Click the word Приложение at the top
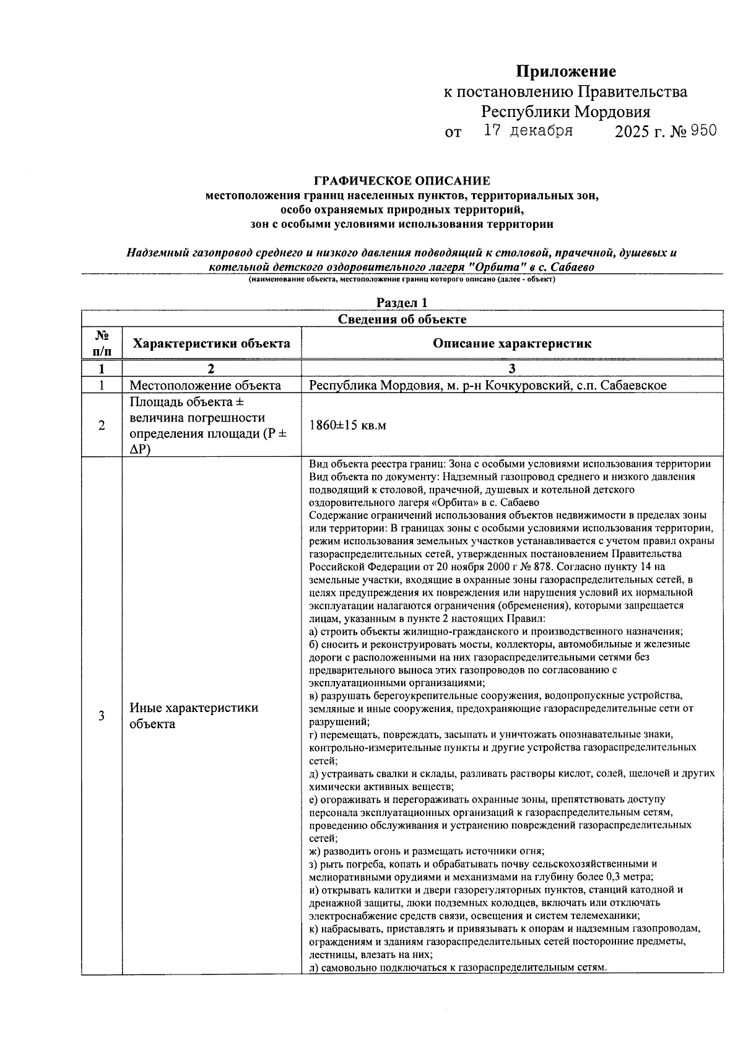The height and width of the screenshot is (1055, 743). click(x=566, y=72)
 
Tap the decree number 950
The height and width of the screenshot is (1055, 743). click(x=703, y=131)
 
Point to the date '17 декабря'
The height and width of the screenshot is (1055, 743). click(x=528, y=131)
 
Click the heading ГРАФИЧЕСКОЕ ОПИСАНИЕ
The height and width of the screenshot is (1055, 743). click(x=402, y=181)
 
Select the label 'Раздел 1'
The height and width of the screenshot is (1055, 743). click(x=402, y=303)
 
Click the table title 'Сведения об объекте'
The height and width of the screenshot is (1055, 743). click(x=402, y=319)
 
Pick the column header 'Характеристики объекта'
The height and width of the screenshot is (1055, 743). click(x=212, y=343)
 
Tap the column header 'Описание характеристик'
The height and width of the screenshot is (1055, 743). click(x=511, y=343)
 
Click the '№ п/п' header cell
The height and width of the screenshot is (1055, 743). click(x=102, y=343)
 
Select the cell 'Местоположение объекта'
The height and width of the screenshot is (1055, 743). click(x=205, y=385)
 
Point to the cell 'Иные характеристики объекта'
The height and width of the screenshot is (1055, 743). click(x=193, y=716)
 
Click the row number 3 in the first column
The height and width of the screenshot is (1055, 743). click(x=102, y=716)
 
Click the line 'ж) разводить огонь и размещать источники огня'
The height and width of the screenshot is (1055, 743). click(x=427, y=851)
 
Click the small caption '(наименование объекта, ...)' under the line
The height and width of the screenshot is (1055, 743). click(x=402, y=280)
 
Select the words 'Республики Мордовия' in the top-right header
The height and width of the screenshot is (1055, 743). click(x=566, y=112)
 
